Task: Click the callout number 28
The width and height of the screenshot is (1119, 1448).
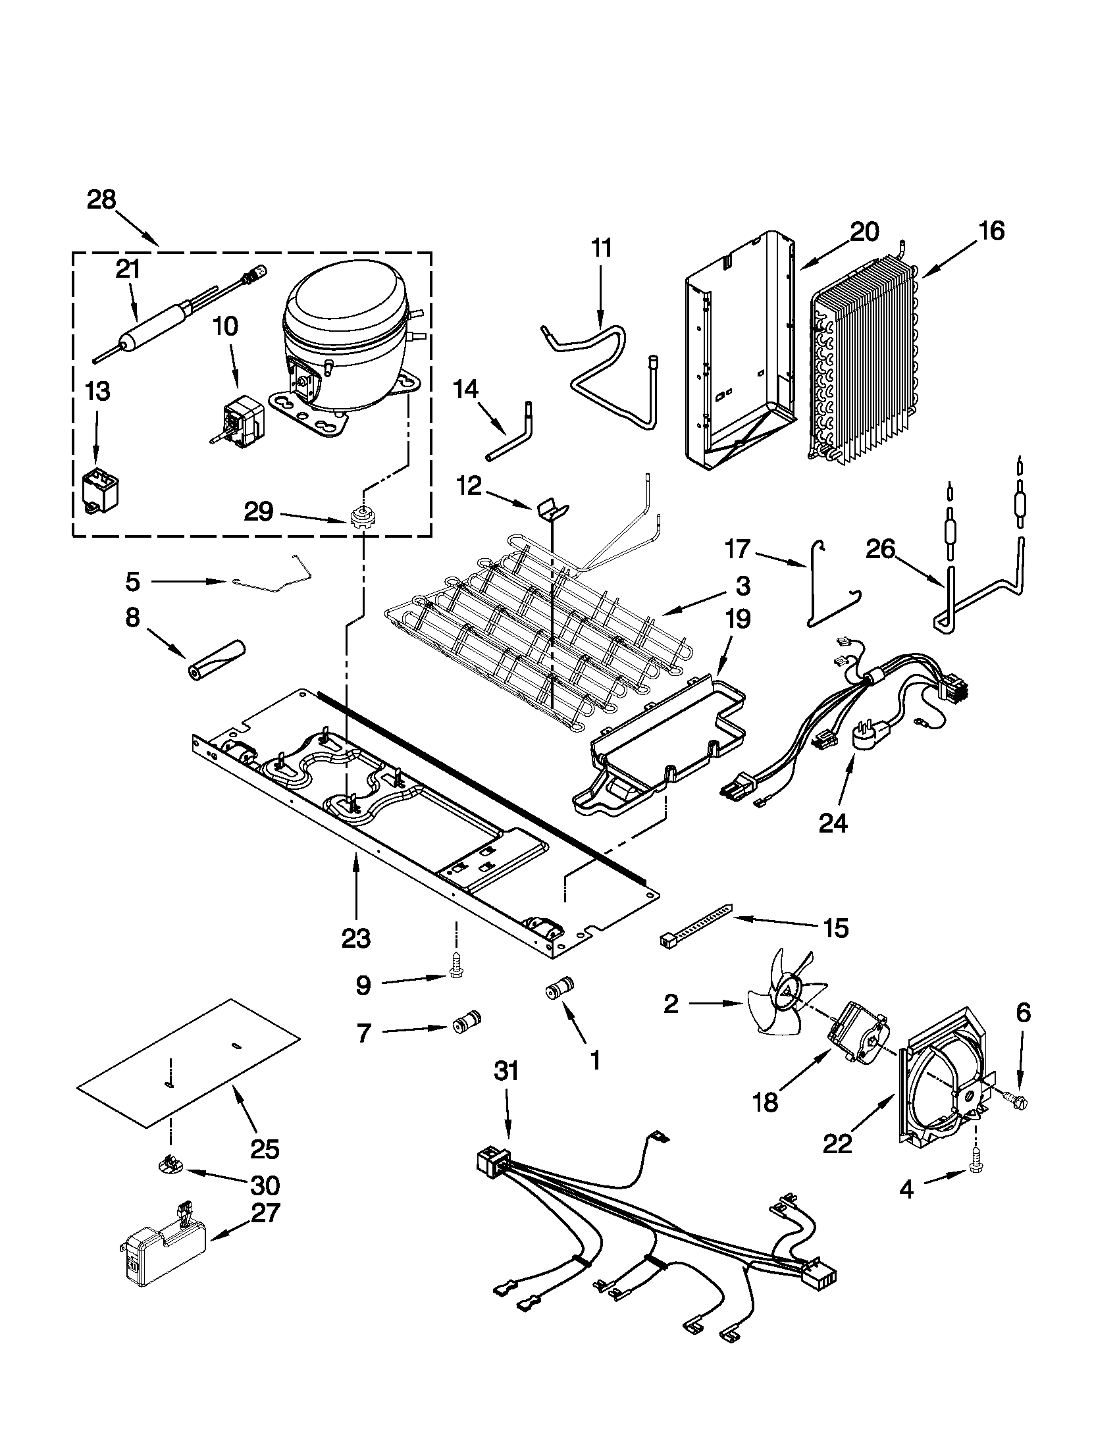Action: (101, 199)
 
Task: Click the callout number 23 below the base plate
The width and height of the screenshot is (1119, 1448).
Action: (356, 939)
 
